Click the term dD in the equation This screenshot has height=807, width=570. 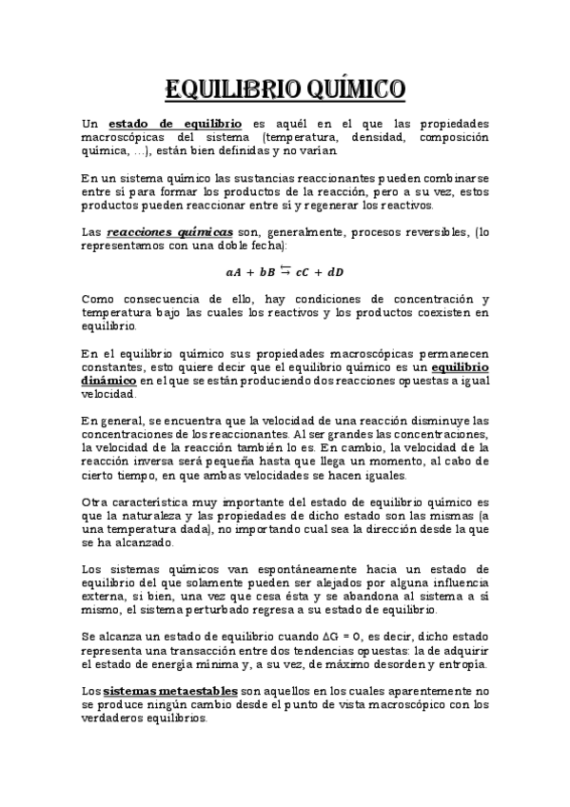click(334, 272)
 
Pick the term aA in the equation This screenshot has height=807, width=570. click(234, 272)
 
